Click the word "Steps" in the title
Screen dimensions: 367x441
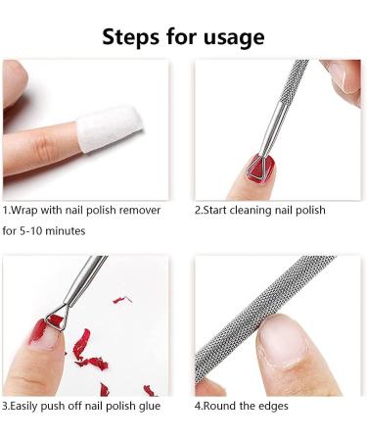pyautogui.click(x=131, y=36)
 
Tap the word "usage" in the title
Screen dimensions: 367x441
pyautogui.click(x=234, y=38)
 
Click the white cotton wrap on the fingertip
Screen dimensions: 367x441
pyautogui.click(x=110, y=128)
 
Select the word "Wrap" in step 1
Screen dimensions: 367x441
pyautogui.click(x=23, y=210)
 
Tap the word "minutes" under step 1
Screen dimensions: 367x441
pyautogui.click(x=66, y=231)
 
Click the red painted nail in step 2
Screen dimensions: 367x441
pyautogui.click(x=261, y=169)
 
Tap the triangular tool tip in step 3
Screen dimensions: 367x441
pyautogui.click(x=58, y=318)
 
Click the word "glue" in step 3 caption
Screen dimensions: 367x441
pyautogui.click(x=150, y=407)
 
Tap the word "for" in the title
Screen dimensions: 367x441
pyautogui.click(x=182, y=36)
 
